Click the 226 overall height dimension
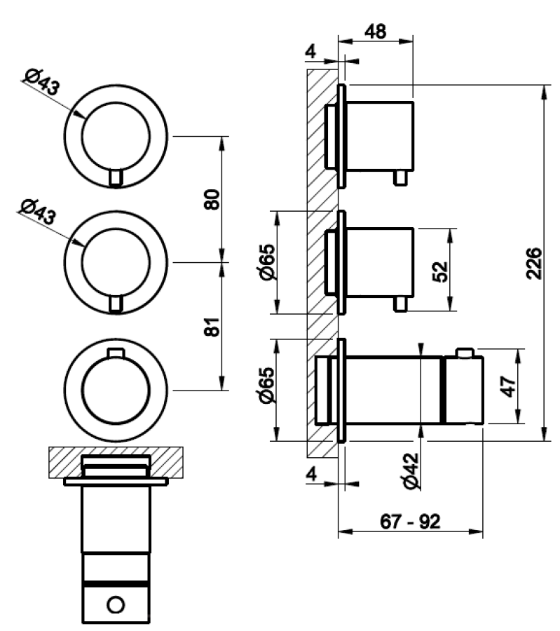point(534,264)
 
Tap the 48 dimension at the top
point(376,31)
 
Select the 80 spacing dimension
point(212,199)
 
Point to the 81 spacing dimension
point(212,327)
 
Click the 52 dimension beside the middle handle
point(439,271)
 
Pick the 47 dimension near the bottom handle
point(509,386)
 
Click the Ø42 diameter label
point(411,471)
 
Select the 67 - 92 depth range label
point(410,522)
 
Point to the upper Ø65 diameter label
point(268,262)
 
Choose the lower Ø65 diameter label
point(268,385)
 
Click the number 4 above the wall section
point(311,51)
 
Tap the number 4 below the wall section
point(311,475)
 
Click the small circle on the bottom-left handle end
point(116,605)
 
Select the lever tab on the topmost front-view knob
point(116,177)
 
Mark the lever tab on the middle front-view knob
point(116,304)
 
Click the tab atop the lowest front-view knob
point(116,353)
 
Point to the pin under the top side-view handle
point(400,177)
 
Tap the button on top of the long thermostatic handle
point(465,353)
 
